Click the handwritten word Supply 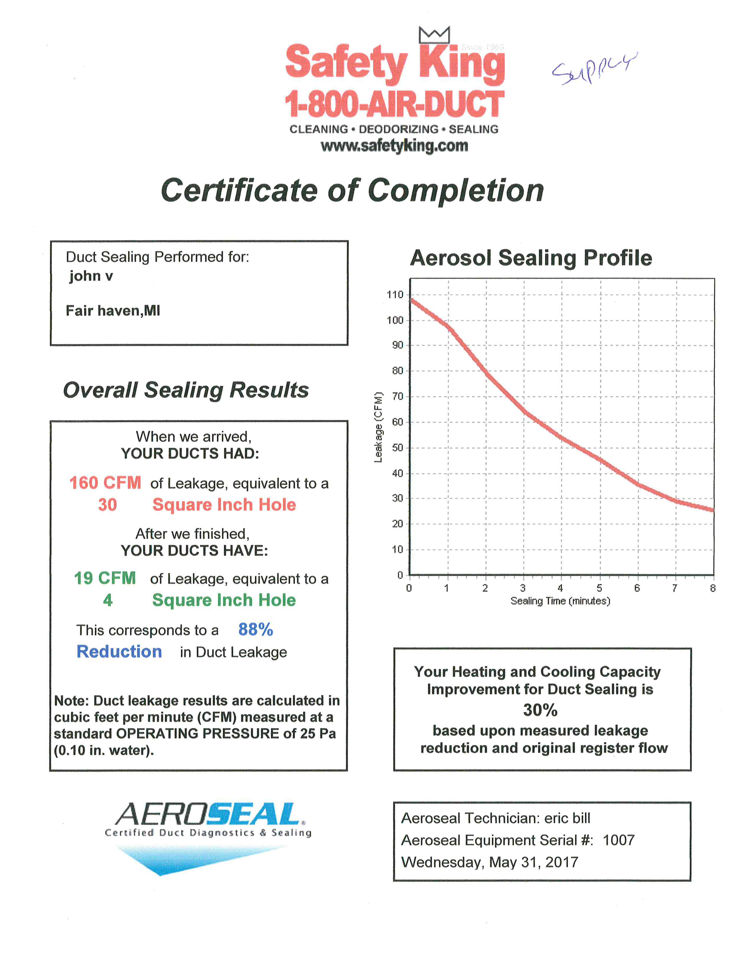coord(594,68)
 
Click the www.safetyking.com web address coord(394,146)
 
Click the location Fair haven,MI coord(113,310)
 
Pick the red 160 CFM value coord(105,483)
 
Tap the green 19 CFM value coord(105,578)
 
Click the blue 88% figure coord(255,630)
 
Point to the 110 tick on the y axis coord(395,295)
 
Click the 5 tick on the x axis coord(599,588)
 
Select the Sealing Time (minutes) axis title coord(560,601)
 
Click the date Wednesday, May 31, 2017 coord(490,862)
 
